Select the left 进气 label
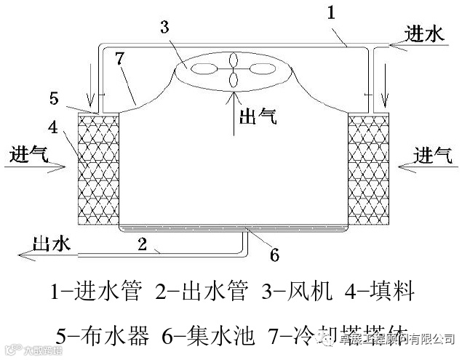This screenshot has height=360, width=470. tap(30, 155)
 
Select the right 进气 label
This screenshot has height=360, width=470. tap(432, 154)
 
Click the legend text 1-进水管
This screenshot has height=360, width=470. tap(95, 293)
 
